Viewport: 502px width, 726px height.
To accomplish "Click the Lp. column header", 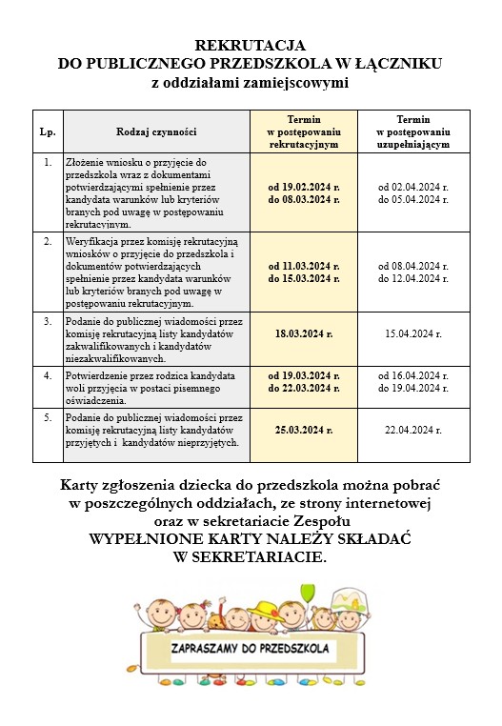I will point(48,131).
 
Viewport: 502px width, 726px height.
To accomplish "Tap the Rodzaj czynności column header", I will point(156,131).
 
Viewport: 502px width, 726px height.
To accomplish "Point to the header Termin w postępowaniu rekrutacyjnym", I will point(304,131).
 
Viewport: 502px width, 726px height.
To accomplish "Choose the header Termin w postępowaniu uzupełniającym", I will point(412,131).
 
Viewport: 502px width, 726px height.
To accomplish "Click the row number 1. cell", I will point(48,162).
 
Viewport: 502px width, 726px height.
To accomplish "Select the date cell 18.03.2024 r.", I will point(304,334).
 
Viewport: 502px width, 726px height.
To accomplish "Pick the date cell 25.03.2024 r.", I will point(304,430).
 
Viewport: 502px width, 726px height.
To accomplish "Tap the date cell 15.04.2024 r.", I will point(412,334).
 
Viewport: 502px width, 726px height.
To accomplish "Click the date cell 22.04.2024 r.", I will point(412,430).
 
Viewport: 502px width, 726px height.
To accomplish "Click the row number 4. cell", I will point(48,375).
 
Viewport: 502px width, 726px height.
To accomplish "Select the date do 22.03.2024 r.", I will point(304,389).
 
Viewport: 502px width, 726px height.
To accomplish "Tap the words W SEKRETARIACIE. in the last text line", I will point(251,556).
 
